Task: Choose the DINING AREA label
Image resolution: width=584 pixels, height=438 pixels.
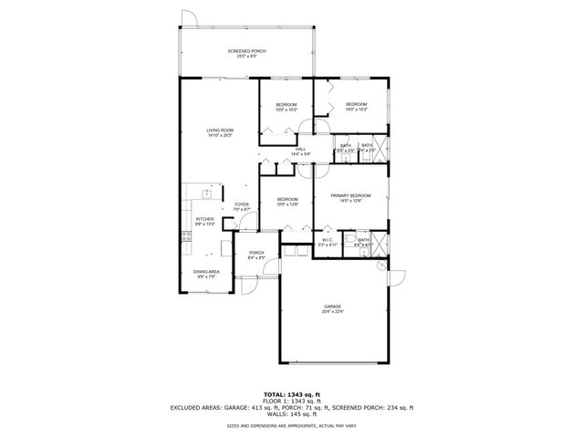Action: point(205,273)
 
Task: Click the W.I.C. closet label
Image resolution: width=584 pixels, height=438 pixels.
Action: point(327,242)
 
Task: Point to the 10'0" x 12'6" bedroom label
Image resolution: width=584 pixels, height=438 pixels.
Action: point(287,201)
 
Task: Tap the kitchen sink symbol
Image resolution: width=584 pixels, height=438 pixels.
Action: point(207,193)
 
